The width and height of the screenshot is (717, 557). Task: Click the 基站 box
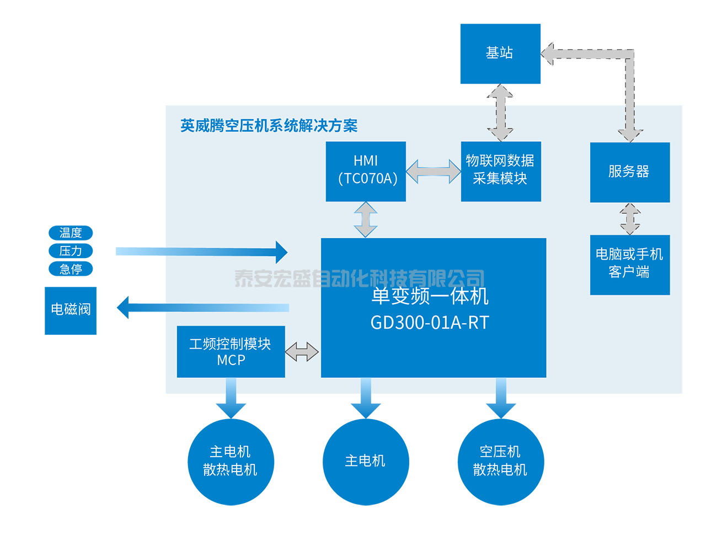coord(500,53)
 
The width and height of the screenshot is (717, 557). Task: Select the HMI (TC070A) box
coord(366,171)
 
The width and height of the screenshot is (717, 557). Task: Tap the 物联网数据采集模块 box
coord(500,171)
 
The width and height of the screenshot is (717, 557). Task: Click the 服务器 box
coord(629,172)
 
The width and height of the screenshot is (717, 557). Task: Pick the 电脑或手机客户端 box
coord(629,264)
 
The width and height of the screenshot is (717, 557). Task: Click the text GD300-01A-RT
coord(430,323)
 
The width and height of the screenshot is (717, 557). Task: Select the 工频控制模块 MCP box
coord(231,351)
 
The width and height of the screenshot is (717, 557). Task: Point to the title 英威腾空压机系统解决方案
coord(269,126)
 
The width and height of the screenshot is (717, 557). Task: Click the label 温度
coord(71,233)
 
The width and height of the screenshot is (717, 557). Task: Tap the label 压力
coord(71,251)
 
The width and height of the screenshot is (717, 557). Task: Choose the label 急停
coord(71,269)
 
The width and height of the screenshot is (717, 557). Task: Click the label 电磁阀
coord(71,309)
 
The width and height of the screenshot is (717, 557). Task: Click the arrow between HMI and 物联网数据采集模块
coord(434,172)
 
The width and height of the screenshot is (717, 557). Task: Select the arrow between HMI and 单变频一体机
coord(366,219)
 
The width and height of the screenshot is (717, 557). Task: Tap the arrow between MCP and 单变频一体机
coord(302,351)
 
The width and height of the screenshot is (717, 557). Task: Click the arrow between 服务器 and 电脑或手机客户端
coord(630,219)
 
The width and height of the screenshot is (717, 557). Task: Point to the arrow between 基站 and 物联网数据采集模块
coord(500,113)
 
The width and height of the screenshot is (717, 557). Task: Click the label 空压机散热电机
coord(500,460)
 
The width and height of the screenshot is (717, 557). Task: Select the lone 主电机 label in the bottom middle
coord(365,460)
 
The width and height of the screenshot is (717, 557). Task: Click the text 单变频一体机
coord(430,296)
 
